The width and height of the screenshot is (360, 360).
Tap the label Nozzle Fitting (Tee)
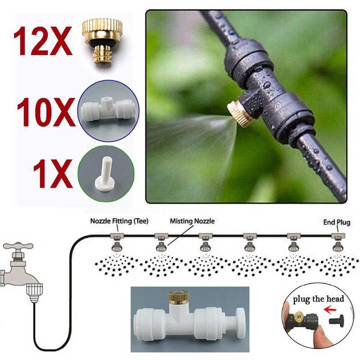pos(119,221)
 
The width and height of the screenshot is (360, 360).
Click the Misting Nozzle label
pos(192,221)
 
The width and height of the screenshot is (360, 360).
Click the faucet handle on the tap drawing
pos(18,246)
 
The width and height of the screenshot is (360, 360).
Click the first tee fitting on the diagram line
pos(116,236)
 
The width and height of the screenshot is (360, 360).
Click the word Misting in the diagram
pos(180,221)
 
